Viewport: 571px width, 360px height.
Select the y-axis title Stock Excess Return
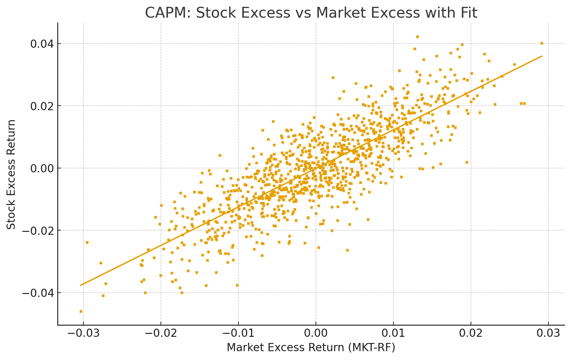11,174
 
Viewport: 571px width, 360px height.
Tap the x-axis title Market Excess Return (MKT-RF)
311,348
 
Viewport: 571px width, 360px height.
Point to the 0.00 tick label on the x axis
316,334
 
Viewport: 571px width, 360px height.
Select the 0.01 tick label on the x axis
393,334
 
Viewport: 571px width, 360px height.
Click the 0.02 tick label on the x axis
471,334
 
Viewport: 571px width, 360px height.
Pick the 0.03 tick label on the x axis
548,334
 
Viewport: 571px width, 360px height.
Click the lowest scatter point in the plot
81,311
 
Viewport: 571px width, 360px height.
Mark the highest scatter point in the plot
417,37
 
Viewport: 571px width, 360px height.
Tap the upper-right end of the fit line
542,56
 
